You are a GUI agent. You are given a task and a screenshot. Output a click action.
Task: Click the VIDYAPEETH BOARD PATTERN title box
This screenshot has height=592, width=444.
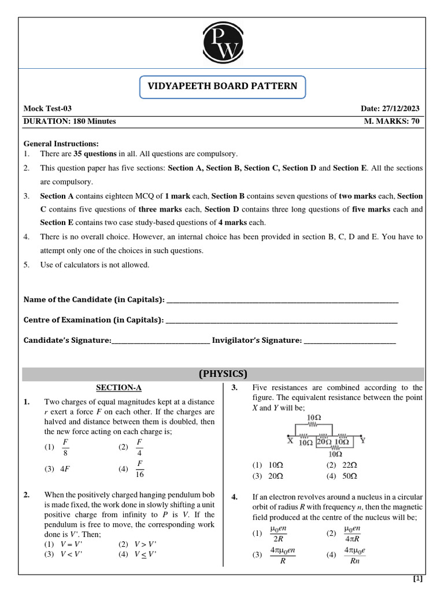[223, 87]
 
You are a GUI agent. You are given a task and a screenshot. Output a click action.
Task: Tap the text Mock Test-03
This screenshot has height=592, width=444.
[47, 109]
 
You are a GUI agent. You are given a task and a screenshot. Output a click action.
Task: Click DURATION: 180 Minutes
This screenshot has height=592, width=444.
[69, 121]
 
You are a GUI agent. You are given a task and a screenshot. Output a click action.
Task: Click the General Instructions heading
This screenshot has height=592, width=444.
[61, 143]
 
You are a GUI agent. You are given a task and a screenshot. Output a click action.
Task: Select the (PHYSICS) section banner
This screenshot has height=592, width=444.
[223, 373]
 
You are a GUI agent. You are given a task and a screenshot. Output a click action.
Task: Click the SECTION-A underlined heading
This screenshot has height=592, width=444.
[119, 388]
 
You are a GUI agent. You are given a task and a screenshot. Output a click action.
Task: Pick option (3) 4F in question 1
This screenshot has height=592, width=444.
[58, 469]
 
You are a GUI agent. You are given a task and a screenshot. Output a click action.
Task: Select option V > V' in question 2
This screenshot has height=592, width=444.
[139, 544]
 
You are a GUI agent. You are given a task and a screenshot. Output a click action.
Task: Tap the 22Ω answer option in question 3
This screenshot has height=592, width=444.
[342, 465]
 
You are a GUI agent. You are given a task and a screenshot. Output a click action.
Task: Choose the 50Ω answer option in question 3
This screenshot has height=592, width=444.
[342, 476]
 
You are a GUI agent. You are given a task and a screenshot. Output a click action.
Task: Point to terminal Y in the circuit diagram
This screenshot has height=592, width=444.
[362, 441]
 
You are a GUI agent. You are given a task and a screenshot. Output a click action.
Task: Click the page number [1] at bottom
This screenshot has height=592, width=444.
[417, 579]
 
